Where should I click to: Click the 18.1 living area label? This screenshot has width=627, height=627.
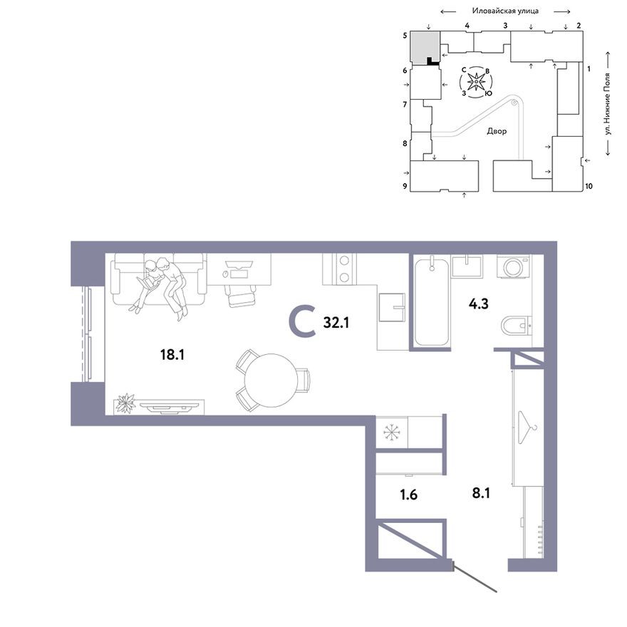coord(172,355)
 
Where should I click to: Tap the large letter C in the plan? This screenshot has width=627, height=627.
coord(303,321)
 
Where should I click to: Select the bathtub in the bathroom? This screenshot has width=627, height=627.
coord(430,301)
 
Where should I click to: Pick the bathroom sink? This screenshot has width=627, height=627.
coord(467,266)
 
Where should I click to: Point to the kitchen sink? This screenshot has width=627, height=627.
coord(391,307)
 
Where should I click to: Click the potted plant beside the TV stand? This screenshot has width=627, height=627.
coord(125,403)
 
